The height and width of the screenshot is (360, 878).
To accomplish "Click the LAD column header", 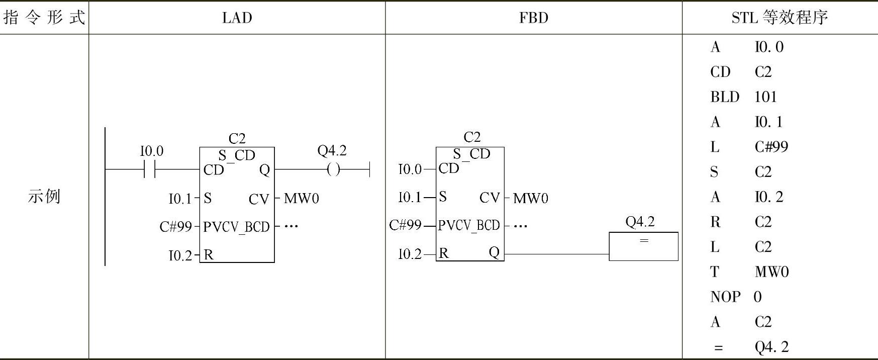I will pyautogui.click(x=237, y=18).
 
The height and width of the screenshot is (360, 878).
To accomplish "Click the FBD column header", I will pyautogui.click(x=533, y=18).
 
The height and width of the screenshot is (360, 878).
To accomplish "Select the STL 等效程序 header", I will pyautogui.click(x=779, y=18).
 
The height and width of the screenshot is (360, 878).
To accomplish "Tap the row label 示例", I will pyautogui.click(x=44, y=196).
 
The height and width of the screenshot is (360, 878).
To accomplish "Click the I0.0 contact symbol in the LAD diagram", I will pyautogui.click(x=150, y=169).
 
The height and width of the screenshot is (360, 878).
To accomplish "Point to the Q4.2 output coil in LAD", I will pyautogui.click(x=333, y=169).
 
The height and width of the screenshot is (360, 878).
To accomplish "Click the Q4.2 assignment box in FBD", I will pyautogui.click(x=643, y=246).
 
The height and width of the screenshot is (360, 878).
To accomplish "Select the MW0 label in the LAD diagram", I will pyautogui.click(x=301, y=199).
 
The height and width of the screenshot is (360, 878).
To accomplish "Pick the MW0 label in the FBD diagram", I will pyautogui.click(x=530, y=198).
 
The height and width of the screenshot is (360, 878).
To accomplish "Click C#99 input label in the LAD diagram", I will pyautogui.click(x=175, y=227).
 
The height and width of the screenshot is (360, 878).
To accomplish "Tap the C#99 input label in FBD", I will pyautogui.click(x=405, y=225).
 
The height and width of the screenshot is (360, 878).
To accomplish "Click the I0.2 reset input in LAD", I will pyautogui.click(x=180, y=255).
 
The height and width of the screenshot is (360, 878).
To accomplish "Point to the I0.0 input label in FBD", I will pyautogui.click(x=410, y=169).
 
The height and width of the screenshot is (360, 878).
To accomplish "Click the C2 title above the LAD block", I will pyautogui.click(x=237, y=138).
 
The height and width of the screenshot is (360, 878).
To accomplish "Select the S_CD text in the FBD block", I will pyautogui.click(x=471, y=153).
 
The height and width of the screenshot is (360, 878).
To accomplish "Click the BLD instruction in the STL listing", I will pyautogui.click(x=725, y=97).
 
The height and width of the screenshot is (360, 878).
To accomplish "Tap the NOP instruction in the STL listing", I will pyautogui.click(x=725, y=297).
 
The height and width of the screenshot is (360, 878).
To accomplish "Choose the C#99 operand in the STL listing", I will pyautogui.click(x=771, y=147).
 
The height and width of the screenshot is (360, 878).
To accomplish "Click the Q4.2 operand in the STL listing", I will pyautogui.click(x=771, y=346).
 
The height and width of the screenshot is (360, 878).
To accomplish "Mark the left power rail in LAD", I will pyautogui.click(x=105, y=196).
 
